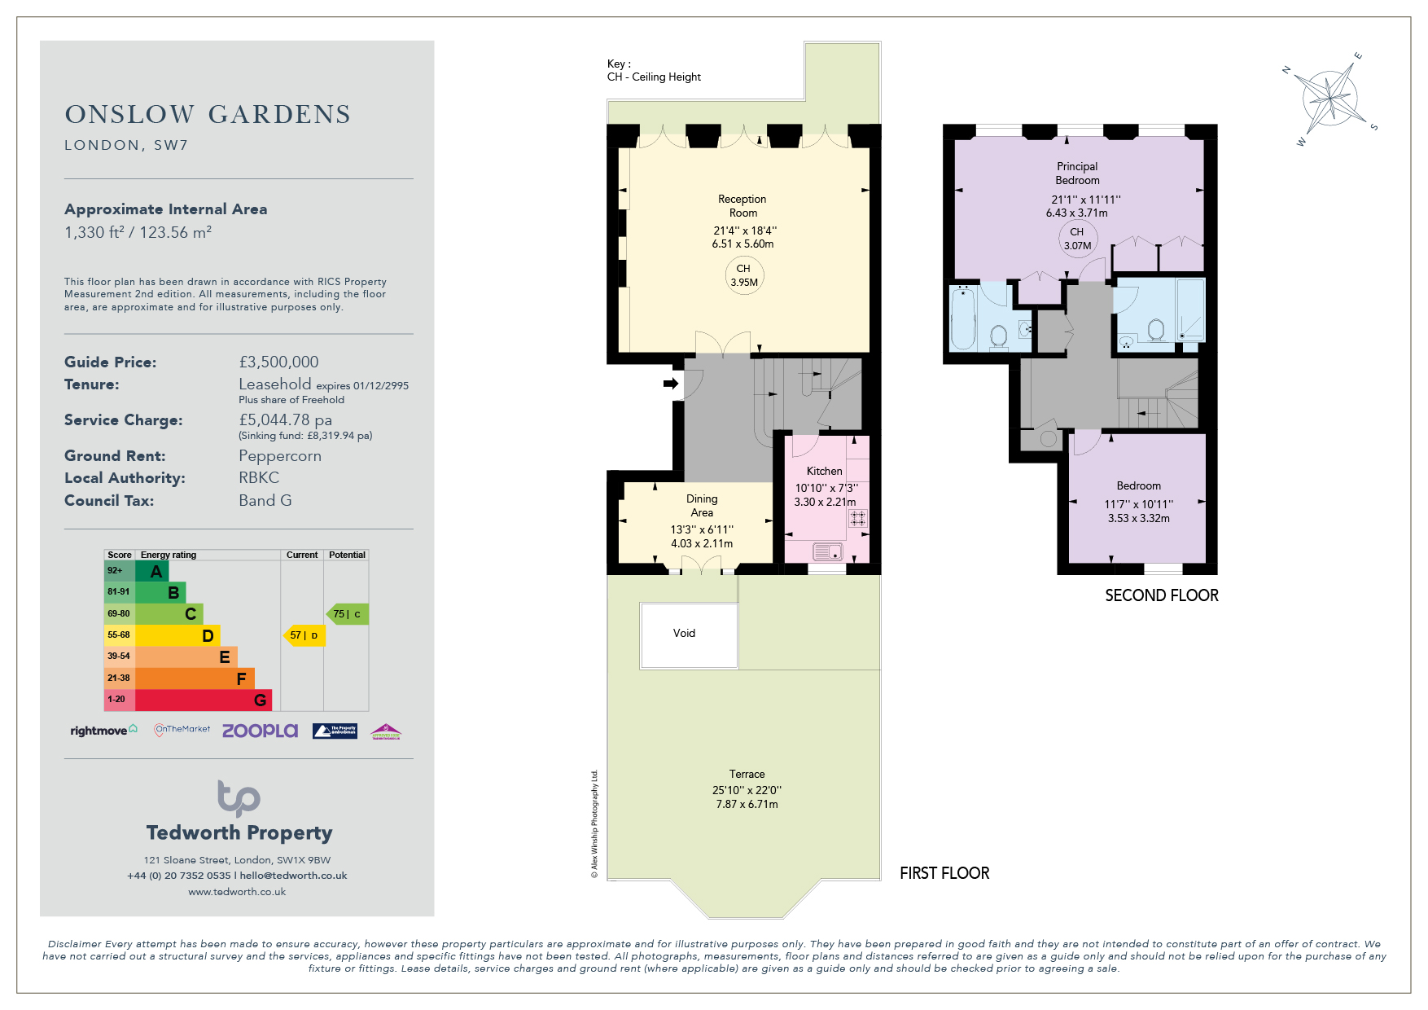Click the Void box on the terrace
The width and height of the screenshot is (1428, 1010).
coord(689,635)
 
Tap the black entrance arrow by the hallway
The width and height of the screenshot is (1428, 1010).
coord(671,384)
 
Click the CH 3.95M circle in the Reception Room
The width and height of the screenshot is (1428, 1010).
coord(744,275)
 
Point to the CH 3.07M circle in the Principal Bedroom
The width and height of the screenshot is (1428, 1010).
coord(1077,239)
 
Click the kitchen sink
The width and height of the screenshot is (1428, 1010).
coord(827,552)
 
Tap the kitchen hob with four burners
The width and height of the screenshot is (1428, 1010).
coord(858,519)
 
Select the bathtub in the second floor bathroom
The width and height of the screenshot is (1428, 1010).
coord(963,317)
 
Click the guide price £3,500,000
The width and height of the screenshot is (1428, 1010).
coord(278,362)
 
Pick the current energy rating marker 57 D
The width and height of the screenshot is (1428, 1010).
coord(304,635)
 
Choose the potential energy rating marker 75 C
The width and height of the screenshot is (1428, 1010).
coord(348,614)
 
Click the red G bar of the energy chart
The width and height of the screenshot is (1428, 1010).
coord(204,700)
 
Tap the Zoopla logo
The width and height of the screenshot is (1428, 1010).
coord(260,731)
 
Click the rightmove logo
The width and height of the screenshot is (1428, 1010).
coord(104,731)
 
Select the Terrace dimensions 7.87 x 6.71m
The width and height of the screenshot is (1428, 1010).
coord(747,804)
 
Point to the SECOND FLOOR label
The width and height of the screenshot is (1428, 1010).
coord(1162,595)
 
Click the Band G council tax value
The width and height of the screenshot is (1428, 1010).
coord(265,500)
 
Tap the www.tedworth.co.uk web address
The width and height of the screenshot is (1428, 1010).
coord(237,892)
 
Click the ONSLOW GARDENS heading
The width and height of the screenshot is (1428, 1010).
coord(208,114)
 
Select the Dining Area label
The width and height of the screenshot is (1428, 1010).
coord(702,505)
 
